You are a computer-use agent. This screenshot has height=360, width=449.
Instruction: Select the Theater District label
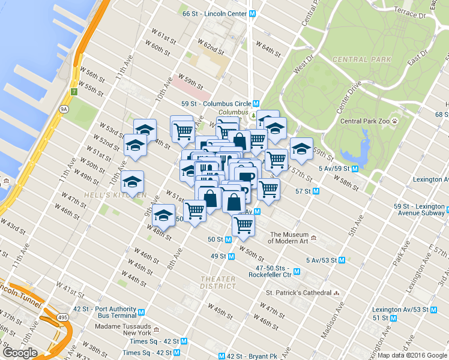tap(218, 283)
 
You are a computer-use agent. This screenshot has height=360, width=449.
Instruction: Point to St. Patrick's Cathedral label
tap(298, 293)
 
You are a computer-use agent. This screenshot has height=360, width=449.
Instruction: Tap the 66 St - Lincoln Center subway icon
tap(253, 13)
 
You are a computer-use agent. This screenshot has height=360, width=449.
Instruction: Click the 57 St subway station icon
tap(316, 191)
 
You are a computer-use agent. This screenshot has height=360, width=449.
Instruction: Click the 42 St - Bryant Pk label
tap(251, 356)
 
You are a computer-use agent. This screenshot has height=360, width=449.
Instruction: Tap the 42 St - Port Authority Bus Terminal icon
tap(141, 312)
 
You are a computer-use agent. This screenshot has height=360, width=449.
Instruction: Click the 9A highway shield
tap(62, 109)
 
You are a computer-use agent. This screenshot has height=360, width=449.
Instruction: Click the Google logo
tap(20, 353)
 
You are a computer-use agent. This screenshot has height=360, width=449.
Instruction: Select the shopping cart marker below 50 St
tap(244, 225)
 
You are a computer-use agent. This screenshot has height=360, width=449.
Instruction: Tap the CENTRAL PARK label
tap(361, 59)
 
